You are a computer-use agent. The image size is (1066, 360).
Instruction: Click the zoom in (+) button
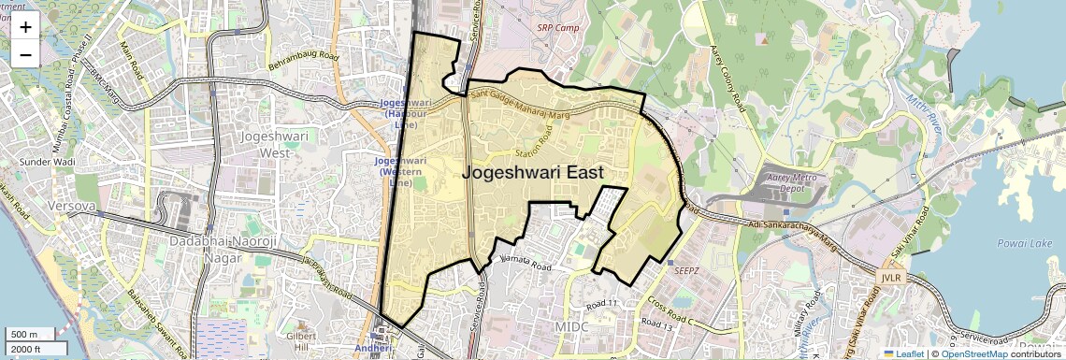(25, 27)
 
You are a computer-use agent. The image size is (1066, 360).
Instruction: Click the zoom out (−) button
(25, 55)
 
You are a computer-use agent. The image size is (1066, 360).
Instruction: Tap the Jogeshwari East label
(532, 173)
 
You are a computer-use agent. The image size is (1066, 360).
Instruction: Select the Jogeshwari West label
(266, 144)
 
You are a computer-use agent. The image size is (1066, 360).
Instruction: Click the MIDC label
(571, 327)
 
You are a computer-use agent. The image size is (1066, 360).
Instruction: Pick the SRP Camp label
(558, 27)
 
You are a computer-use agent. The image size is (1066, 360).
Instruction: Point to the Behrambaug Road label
(303, 64)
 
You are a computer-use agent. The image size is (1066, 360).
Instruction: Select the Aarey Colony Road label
(726, 74)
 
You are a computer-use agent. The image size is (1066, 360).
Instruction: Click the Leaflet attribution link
(903, 353)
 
